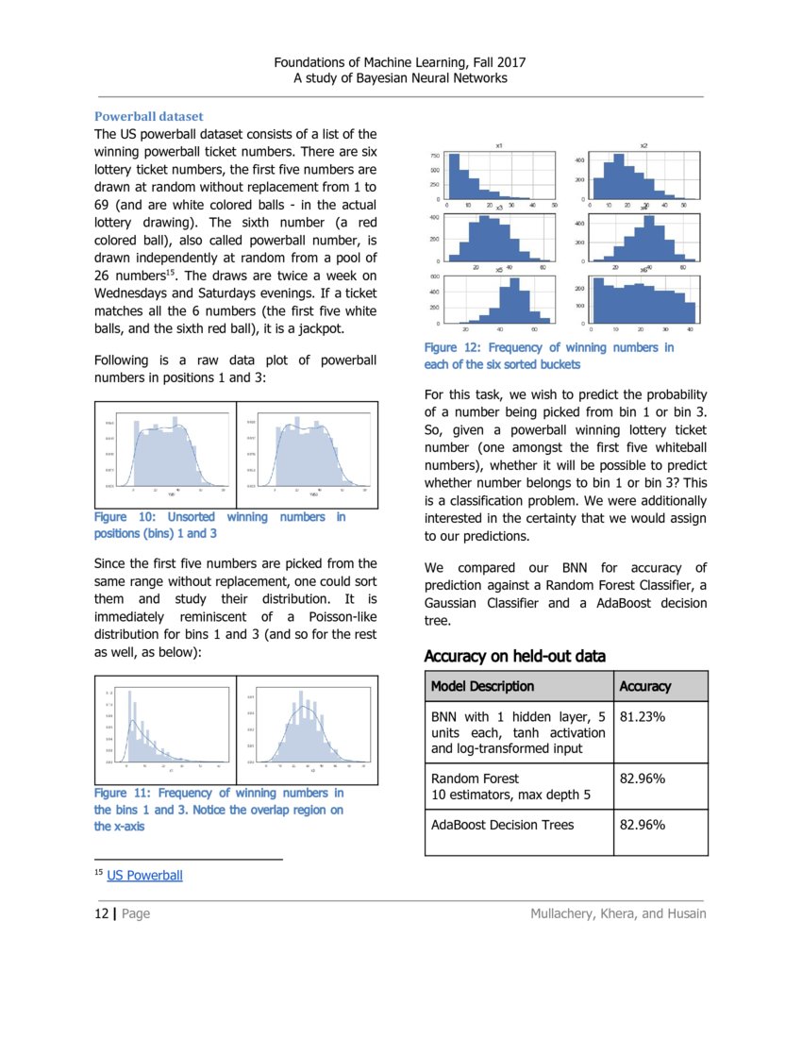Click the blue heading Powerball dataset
pyautogui.click(x=148, y=117)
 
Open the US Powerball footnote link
pyautogui.click(x=144, y=876)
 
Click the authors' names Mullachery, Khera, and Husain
pyautogui.click(x=618, y=913)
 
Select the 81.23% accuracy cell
pyautogui.click(x=642, y=716)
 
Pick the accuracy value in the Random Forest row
pyautogui.click(x=642, y=778)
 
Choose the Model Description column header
pyautogui.click(x=482, y=686)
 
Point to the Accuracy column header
pyautogui.click(x=644, y=686)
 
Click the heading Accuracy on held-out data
pyautogui.click(x=514, y=656)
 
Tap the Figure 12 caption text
pyautogui.click(x=549, y=356)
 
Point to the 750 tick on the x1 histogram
pyautogui.click(x=435, y=155)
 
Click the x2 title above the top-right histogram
pyautogui.click(x=643, y=145)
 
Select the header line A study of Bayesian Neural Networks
pyautogui.click(x=400, y=77)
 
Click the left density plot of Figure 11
pyautogui.click(x=165, y=728)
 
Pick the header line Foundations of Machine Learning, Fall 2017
pyautogui.click(x=400, y=61)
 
